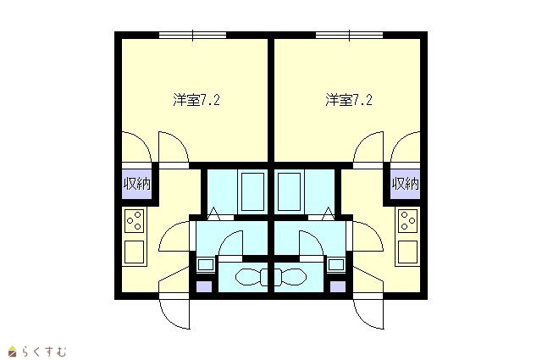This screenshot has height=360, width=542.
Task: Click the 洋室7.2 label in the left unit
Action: coord(196,100)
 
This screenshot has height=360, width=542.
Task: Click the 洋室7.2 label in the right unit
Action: coord(348,100)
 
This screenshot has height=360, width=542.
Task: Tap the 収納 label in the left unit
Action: coord(137,184)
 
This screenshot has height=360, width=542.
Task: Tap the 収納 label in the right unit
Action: coord(405,184)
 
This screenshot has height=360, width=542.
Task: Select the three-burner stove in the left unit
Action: coord(134,220)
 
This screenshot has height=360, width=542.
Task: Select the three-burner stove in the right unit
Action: coord(408,220)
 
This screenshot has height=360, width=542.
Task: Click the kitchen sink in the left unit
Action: coord(134,252)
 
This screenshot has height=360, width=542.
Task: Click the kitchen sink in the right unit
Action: coord(408,252)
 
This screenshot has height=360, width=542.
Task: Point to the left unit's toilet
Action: coord(252,277)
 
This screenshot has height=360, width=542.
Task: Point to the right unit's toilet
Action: coord(291,277)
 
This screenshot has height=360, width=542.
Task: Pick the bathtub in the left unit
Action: coord(252,191)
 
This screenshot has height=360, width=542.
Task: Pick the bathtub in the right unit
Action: coord(290,191)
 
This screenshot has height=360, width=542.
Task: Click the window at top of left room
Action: coord(192,35)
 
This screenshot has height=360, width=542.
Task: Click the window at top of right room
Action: coord(349,35)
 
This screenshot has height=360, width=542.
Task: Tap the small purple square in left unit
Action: coord(204,286)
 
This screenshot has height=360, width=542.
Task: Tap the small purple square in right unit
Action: coord(338,286)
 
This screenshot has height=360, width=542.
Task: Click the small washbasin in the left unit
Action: coord(206,265)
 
